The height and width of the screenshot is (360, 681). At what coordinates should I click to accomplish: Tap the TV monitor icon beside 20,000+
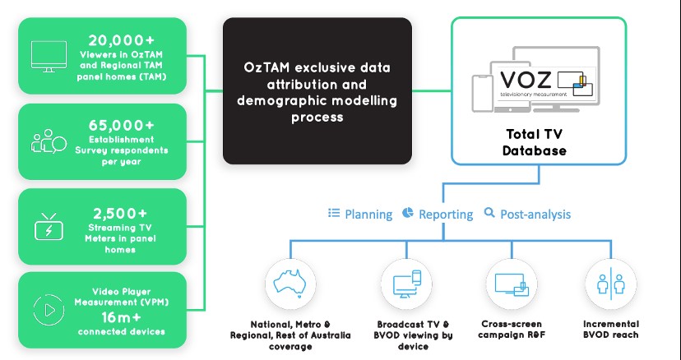pos(48,56)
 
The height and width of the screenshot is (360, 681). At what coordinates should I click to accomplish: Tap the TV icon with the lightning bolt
pos(48,226)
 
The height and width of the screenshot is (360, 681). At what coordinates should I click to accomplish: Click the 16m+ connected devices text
pos(121,317)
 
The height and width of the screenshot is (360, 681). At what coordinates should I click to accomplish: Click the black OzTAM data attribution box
pos(317,90)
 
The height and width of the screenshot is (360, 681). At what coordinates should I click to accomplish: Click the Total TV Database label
pos(538,141)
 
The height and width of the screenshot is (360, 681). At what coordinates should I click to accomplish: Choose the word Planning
pos(368,214)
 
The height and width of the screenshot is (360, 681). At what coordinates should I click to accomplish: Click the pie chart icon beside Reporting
pos(408,213)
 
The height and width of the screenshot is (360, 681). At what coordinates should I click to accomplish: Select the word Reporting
pos(447,214)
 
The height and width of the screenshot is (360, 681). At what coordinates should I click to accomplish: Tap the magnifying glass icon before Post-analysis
pos(490,213)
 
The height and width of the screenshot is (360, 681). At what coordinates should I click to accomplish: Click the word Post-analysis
pos(537,214)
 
